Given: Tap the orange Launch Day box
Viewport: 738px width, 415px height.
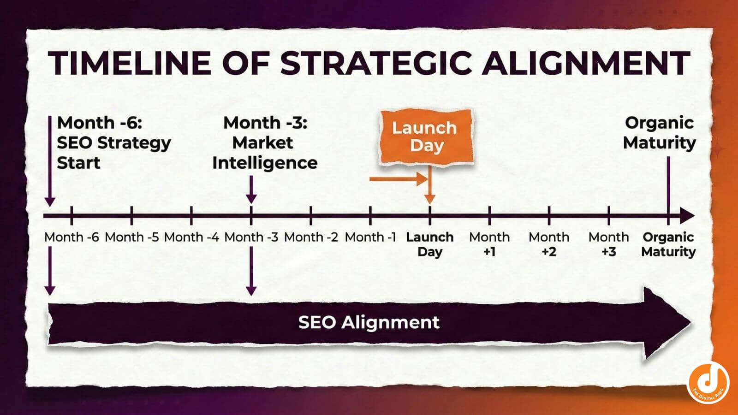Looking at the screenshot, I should click(x=425, y=136).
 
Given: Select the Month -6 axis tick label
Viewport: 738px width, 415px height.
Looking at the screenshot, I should click(x=71, y=237).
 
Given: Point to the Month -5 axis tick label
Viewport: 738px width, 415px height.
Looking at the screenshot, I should click(x=131, y=237).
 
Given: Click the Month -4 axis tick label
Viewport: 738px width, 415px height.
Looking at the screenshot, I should click(x=191, y=237).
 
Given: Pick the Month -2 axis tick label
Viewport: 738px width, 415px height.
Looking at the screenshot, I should click(x=311, y=237).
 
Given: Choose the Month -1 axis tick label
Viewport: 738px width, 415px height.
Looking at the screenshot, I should click(x=370, y=237).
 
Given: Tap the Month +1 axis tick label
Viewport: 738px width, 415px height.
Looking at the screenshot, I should click(x=489, y=244).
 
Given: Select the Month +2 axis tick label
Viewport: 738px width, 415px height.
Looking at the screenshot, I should click(x=549, y=244).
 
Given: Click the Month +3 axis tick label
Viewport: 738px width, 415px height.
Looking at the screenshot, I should click(x=608, y=244).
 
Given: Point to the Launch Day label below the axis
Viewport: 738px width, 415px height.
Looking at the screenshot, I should click(x=430, y=244).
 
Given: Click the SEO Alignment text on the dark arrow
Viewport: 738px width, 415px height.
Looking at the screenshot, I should click(x=369, y=322).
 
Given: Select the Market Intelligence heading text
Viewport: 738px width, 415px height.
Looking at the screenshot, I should click(x=265, y=142).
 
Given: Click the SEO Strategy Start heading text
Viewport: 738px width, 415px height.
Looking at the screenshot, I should click(x=113, y=142).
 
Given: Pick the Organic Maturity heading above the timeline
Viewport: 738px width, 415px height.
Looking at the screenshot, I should click(x=659, y=133).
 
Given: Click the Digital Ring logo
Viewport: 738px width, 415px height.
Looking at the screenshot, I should click(x=708, y=383).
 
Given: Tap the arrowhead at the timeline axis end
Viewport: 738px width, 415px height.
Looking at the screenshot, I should click(x=687, y=215).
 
